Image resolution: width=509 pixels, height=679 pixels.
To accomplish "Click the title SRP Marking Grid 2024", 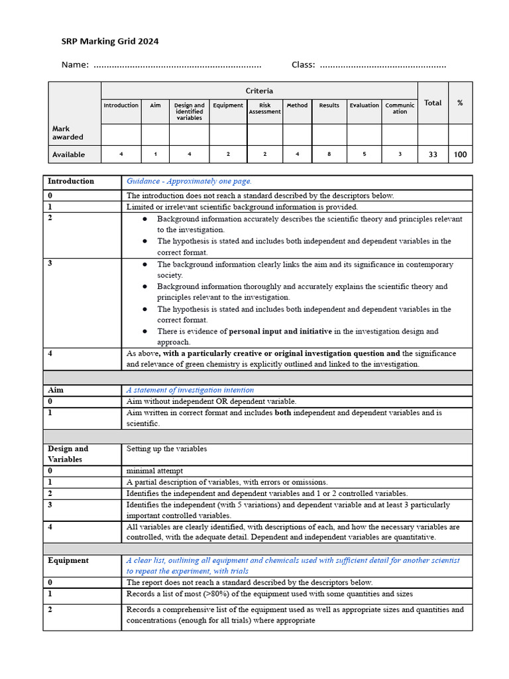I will pos(110,41).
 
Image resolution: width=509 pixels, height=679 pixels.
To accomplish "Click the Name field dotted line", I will pos(177,65).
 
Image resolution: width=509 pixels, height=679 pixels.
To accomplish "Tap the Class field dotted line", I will pos(383,65).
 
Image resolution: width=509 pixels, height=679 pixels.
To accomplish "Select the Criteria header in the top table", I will pos(259,91).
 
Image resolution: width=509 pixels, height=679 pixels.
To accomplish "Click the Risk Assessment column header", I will pos(264,108).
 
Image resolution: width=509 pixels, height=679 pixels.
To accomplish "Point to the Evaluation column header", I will pos(365,105).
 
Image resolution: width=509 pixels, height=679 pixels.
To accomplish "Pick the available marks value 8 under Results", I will pos(329,154).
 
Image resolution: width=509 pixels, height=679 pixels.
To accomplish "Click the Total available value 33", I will pos(433,154).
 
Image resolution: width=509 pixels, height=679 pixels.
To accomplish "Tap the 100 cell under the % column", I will pos(460,154).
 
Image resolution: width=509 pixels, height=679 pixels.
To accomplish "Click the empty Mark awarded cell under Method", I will pos(297,135).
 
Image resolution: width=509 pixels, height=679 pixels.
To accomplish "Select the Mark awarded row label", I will pos(68,133).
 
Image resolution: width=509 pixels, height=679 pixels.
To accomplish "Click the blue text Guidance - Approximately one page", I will pos(189,181).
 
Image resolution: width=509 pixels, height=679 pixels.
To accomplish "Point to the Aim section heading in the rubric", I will pos(56,390).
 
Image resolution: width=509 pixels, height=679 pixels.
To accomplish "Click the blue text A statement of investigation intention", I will pos(190,390).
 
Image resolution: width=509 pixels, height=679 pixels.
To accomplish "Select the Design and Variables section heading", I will pos(68,454).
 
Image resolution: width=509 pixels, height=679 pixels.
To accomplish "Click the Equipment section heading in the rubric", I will pos(68,560).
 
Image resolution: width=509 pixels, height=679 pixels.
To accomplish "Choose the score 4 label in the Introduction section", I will pos(50,353).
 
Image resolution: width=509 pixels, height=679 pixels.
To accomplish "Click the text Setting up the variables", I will pos(166,449).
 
